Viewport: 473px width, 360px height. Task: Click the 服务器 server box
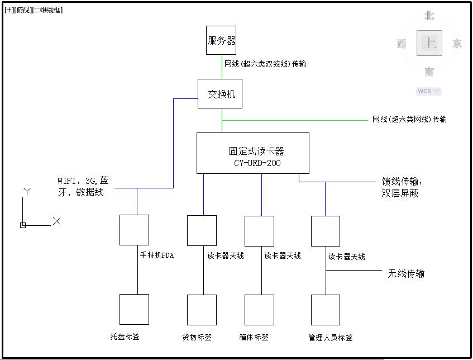pyautogui.click(x=221, y=40)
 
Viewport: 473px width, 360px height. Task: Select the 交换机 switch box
pyautogui.click(x=222, y=94)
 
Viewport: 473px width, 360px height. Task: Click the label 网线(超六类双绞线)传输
pyautogui.click(x=265, y=64)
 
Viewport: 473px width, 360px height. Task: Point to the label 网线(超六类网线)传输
pyautogui.click(x=409, y=119)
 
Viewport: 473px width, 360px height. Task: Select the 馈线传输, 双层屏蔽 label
pyautogui.click(x=402, y=187)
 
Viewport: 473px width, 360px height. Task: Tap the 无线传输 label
pyautogui.click(x=406, y=273)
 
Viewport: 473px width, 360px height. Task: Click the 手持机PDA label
pyautogui.click(x=157, y=255)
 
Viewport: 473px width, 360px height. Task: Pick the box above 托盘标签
pyautogui.click(x=134, y=309)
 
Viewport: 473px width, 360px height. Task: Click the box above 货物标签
pyautogui.click(x=202, y=309)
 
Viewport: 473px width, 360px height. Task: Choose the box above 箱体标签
pyautogui.click(x=259, y=309)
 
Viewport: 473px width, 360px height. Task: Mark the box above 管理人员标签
pyautogui.click(x=325, y=309)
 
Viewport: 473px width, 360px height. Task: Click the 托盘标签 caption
pyautogui.click(x=125, y=337)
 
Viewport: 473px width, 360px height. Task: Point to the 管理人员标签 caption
pyautogui.click(x=331, y=338)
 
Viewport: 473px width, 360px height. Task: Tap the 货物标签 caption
pyautogui.click(x=197, y=337)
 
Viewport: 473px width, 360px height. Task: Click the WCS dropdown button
pyautogui.click(x=428, y=91)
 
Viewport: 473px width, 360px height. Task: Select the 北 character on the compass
pyautogui.click(x=429, y=16)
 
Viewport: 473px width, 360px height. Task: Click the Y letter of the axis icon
pyautogui.click(x=26, y=192)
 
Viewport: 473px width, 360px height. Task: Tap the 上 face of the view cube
pyautogui.click(x=429, y=43)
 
